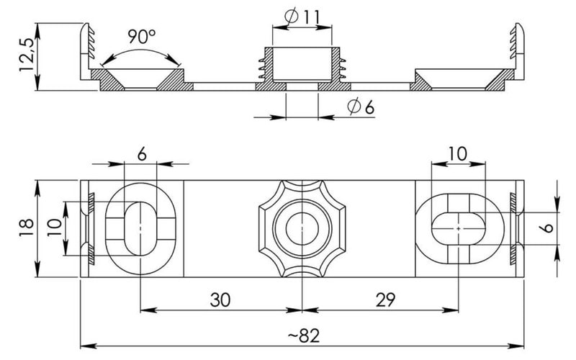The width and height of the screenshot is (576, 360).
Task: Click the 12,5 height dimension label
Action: [27, 53]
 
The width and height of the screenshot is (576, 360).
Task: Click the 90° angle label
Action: [141, 36]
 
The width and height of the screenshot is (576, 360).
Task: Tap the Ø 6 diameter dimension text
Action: [361, 107]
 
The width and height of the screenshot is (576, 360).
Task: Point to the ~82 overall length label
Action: [304, 336]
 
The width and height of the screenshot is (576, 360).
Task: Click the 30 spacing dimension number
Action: [220, 300]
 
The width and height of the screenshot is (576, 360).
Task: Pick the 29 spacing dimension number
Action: [385, 300]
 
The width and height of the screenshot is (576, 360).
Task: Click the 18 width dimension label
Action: [27, 228]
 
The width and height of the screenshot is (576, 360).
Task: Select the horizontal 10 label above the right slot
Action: [457, 154]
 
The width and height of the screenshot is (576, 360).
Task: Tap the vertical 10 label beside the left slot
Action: [55, 228]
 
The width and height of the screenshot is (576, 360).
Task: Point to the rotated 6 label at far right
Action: [547, 228]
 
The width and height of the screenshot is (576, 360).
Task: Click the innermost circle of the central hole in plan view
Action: [302, 228]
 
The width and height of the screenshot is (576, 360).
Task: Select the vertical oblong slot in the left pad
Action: [140, 228]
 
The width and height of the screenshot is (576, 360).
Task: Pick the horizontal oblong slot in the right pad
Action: [458, 228]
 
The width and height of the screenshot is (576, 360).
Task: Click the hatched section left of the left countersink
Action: [107, 79]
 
